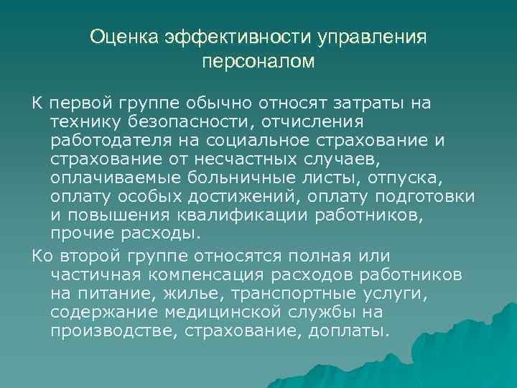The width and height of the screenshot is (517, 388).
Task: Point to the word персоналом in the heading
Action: [258, 62]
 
